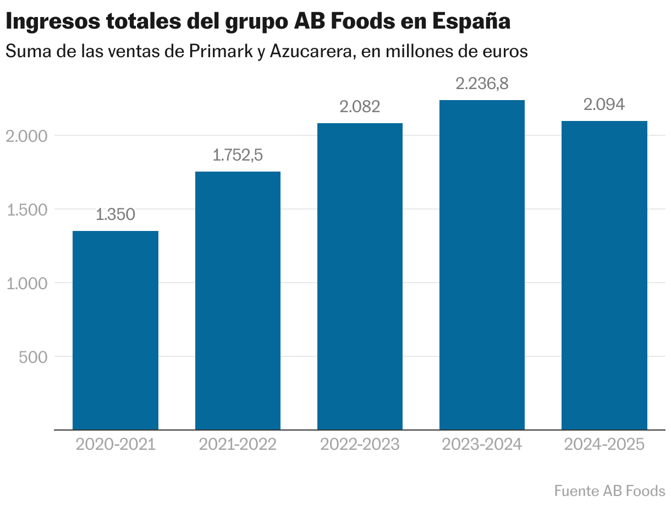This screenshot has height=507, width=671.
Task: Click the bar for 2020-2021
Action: tap(116, 330)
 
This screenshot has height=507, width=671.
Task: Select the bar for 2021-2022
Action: tap(238, 300)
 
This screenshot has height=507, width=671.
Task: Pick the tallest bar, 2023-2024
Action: tap(482, 264)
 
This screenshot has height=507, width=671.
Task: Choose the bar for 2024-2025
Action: tap(604, 275)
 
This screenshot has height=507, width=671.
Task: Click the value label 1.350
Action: tap(116, 214)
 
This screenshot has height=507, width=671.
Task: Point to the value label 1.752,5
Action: tap(238, 155)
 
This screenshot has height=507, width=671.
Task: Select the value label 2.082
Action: tap(360, 107)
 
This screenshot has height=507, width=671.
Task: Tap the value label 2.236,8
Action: tap(482, 84)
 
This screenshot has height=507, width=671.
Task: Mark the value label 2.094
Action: tap(604, 104)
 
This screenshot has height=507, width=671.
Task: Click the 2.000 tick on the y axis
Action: tap(26, 136)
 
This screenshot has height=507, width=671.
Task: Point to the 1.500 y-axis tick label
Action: tap(26, 210)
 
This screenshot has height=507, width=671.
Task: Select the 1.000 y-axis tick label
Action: tap(26, 283)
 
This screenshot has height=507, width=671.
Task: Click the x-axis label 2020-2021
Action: tap(116, 444)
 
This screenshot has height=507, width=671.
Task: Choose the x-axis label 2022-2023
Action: tap(360, 444)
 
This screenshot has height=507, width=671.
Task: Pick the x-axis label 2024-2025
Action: tap(604, 444)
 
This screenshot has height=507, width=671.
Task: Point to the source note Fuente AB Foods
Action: tap(609, 490)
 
